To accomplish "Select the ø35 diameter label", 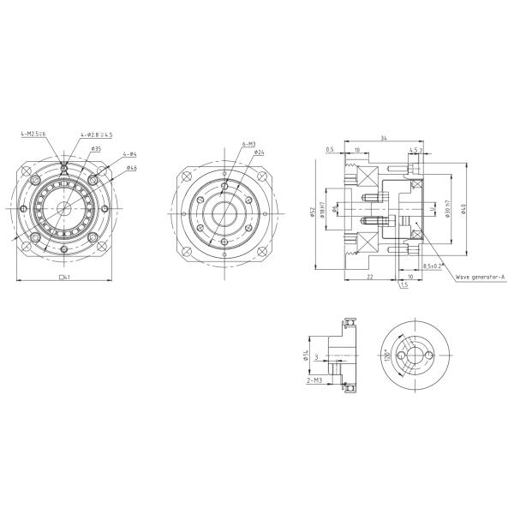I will click(97, 148).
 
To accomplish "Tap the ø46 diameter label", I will click(132, 168).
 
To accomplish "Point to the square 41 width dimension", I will click(63, 278).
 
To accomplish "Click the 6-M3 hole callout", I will click(249, 145).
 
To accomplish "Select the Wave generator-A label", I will click(481, 278).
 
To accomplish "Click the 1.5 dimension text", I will click(403, 285).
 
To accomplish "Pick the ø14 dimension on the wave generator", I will click(306, 355).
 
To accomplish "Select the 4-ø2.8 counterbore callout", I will click(96, 134).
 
